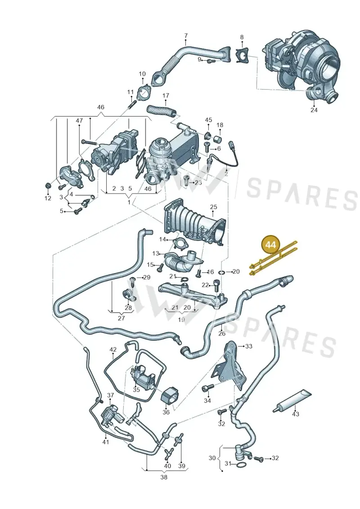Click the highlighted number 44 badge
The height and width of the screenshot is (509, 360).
(270, 244)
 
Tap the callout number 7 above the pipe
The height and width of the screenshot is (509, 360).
(186, 36)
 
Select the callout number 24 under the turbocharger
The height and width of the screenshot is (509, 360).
(314, 110)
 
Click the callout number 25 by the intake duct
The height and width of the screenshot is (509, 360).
(213, 207)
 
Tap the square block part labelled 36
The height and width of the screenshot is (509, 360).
(170, 396)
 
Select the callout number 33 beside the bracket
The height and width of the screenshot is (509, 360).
(248, 347)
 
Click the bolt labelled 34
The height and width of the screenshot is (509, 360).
(208, 387)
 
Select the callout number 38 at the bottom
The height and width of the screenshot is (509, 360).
(164, 477)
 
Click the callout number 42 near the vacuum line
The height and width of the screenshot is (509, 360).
(112, 350)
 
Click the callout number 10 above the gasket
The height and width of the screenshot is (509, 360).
(142, 74)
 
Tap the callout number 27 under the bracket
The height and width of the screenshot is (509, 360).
(121, 318)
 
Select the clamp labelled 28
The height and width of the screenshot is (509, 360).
(129, 294)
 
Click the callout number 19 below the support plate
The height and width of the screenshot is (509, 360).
(181, 320)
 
